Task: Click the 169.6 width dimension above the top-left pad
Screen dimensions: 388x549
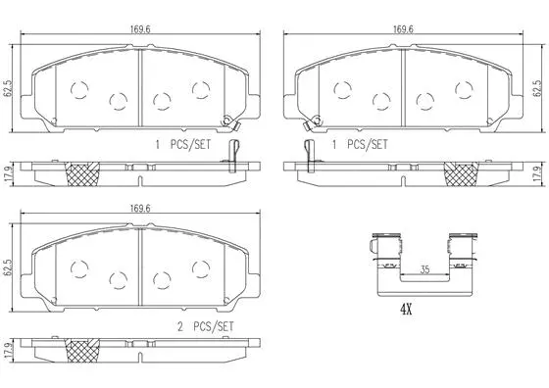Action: click(139, 28)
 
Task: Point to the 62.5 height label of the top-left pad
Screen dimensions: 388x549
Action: click(9, 88)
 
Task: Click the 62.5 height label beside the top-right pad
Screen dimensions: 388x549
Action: click(537, 88)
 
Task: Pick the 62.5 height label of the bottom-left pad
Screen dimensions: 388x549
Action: click(9, 267)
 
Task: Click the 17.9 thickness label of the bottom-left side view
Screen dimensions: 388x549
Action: click(9, 350)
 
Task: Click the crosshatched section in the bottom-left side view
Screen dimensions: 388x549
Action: click(82, 351)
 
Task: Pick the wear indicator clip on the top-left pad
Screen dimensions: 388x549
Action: click(229, 122)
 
